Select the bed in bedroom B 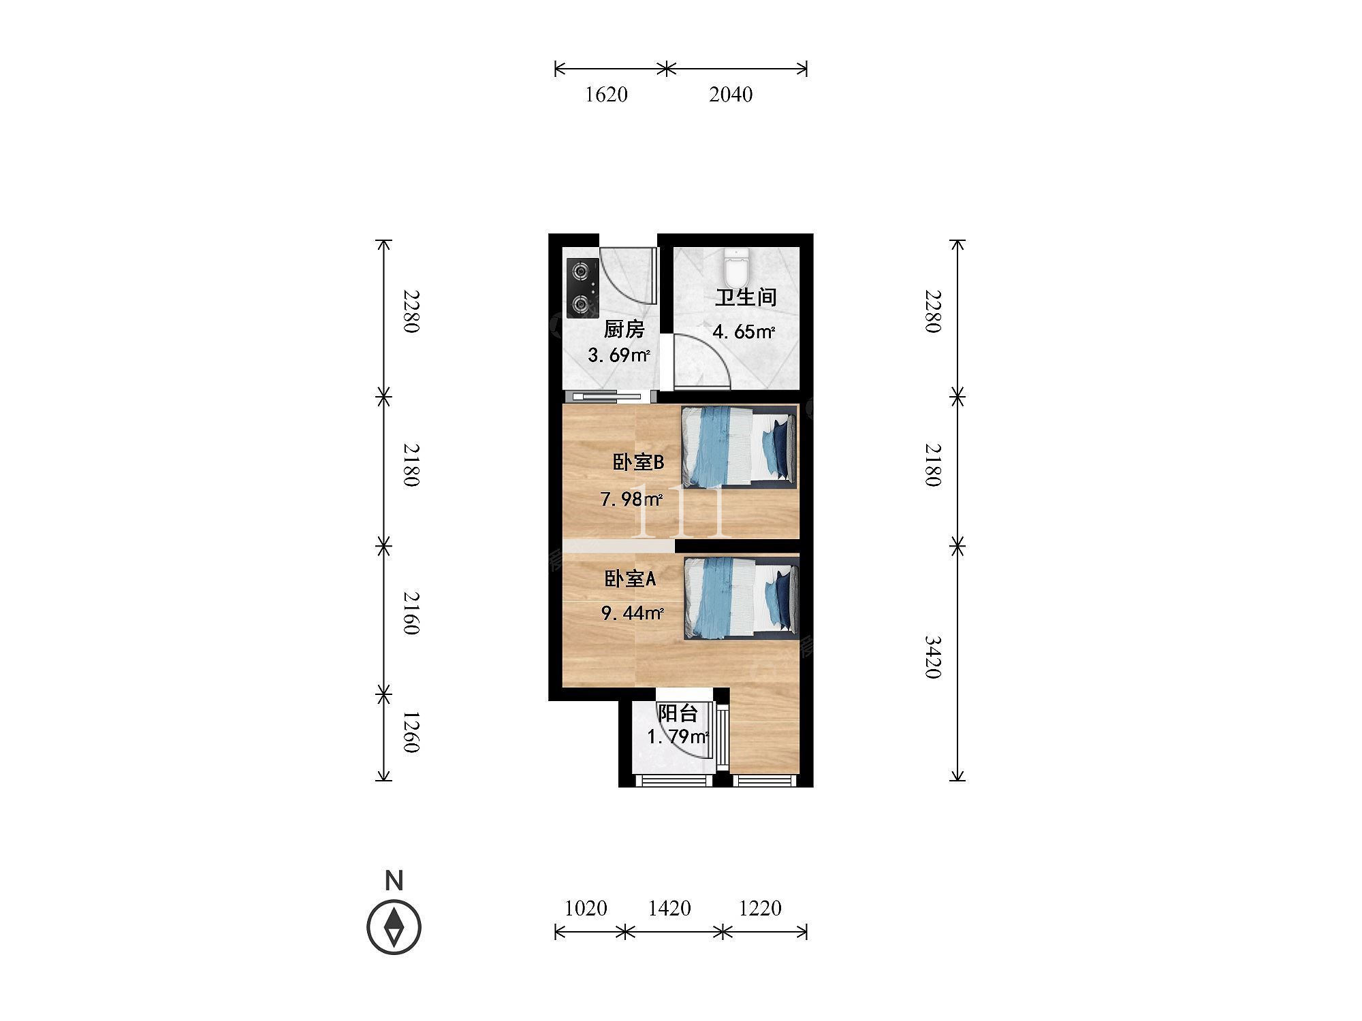739,447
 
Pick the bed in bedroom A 741,598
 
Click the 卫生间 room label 745,297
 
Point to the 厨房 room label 624,329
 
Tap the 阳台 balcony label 678,713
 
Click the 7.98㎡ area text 631,500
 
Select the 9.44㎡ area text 632,613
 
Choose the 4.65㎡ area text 744,332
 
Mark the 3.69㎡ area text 619,355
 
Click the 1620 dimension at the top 606,95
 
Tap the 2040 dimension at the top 731,95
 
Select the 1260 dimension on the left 410,732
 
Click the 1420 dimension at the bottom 669,908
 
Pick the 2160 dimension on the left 410,613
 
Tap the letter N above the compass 394,881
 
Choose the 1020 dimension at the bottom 586,908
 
